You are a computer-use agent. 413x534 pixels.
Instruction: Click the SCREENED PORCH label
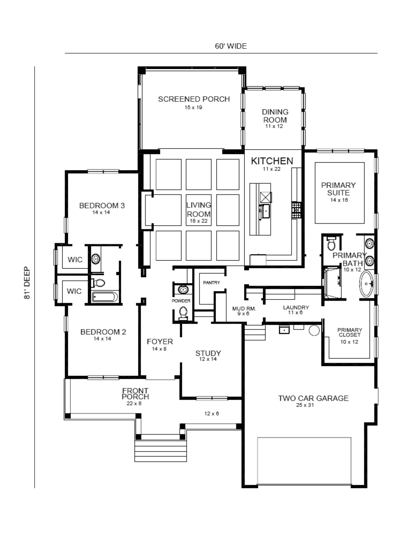tap(194, 99)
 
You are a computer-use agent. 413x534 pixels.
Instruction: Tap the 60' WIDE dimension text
tap(231, 46)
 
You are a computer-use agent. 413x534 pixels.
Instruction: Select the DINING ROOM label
tap(275, 116)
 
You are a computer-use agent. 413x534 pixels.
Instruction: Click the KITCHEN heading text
tap(272, 161)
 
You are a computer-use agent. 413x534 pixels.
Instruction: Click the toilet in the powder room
tap(183, 313)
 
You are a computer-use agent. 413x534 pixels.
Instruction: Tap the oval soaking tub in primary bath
tap(366, 284)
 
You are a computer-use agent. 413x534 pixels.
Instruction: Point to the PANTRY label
tap(211, 282)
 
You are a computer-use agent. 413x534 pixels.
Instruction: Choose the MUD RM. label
tap(244, 309)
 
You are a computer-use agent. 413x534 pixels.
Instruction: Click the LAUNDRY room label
tap(296, 308)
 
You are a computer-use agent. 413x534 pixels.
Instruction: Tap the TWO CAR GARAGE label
tap(313, 398)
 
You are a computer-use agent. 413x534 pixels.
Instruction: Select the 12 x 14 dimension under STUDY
tap(208, 359)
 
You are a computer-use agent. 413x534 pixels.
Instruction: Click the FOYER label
tap(160, 341)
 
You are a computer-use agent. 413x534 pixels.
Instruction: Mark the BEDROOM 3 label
tap(102, 206)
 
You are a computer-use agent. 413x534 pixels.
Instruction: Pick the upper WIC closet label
tap(75, 260)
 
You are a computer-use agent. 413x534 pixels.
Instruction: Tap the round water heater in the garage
tap(314, 330)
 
